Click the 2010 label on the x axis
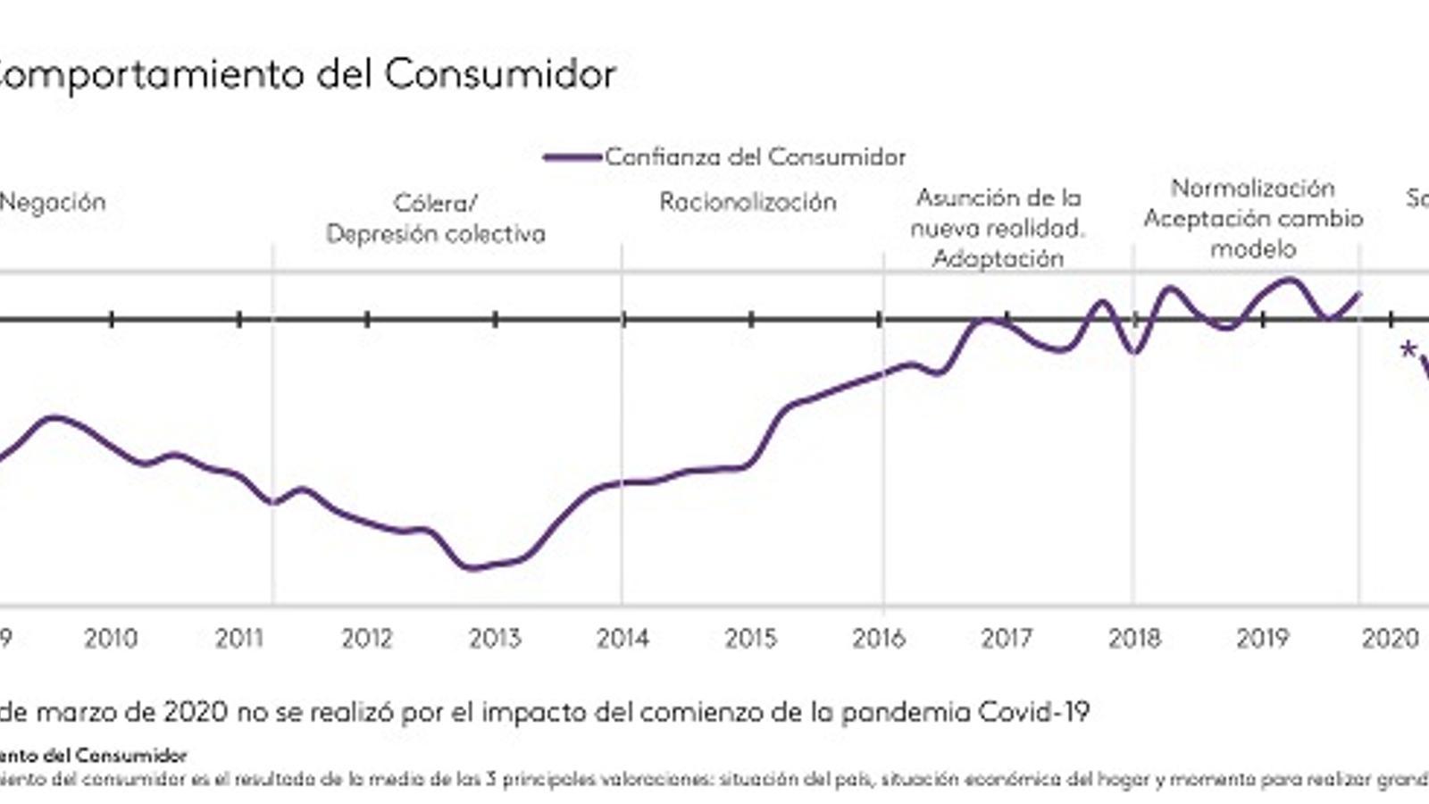click(x=111, y=638)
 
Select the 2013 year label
click(x=495, y=638)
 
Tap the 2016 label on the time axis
click(x=879, y=638)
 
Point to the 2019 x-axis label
click(x=1263, y=638)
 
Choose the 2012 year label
click(x=367, y=638)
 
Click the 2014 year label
click(x=623, y=638)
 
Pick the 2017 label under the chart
click(x=1007, y=638)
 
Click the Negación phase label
click(x=52, y=202)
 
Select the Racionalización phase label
click(x=748, y=202)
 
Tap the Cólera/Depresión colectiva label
click(x=435, y=218)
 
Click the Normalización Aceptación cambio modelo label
click(x=1253, y=218)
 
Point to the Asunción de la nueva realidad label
click(x=998, y=228)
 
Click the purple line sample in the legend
click(x=572, y=157)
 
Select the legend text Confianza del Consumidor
click(x=756, y=157)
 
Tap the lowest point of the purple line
click(x=472, y=567)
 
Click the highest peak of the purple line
click(x=1291, y=280)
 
